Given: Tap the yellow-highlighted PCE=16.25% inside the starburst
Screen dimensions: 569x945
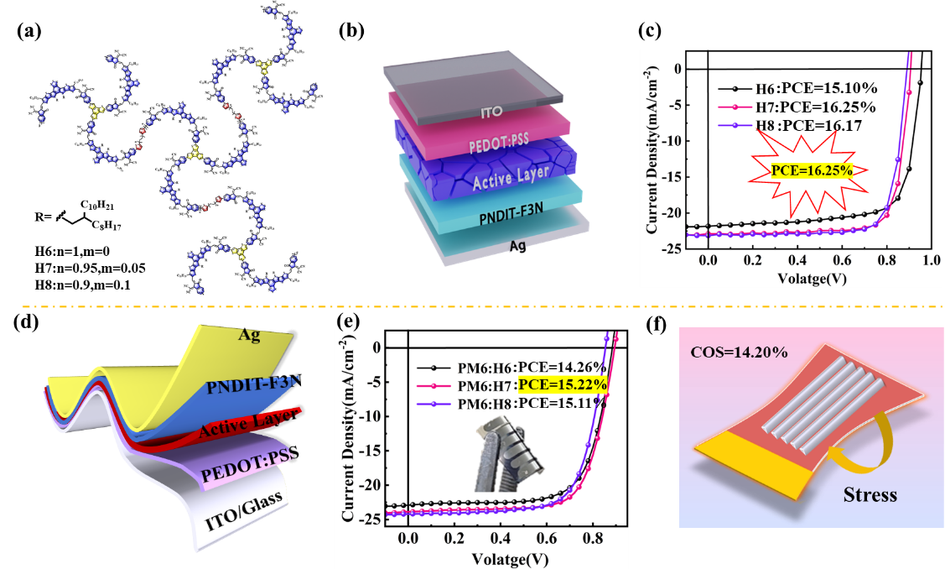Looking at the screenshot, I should [x=812, y=170].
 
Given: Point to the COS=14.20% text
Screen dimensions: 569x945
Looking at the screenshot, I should [x=738, y=352].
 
